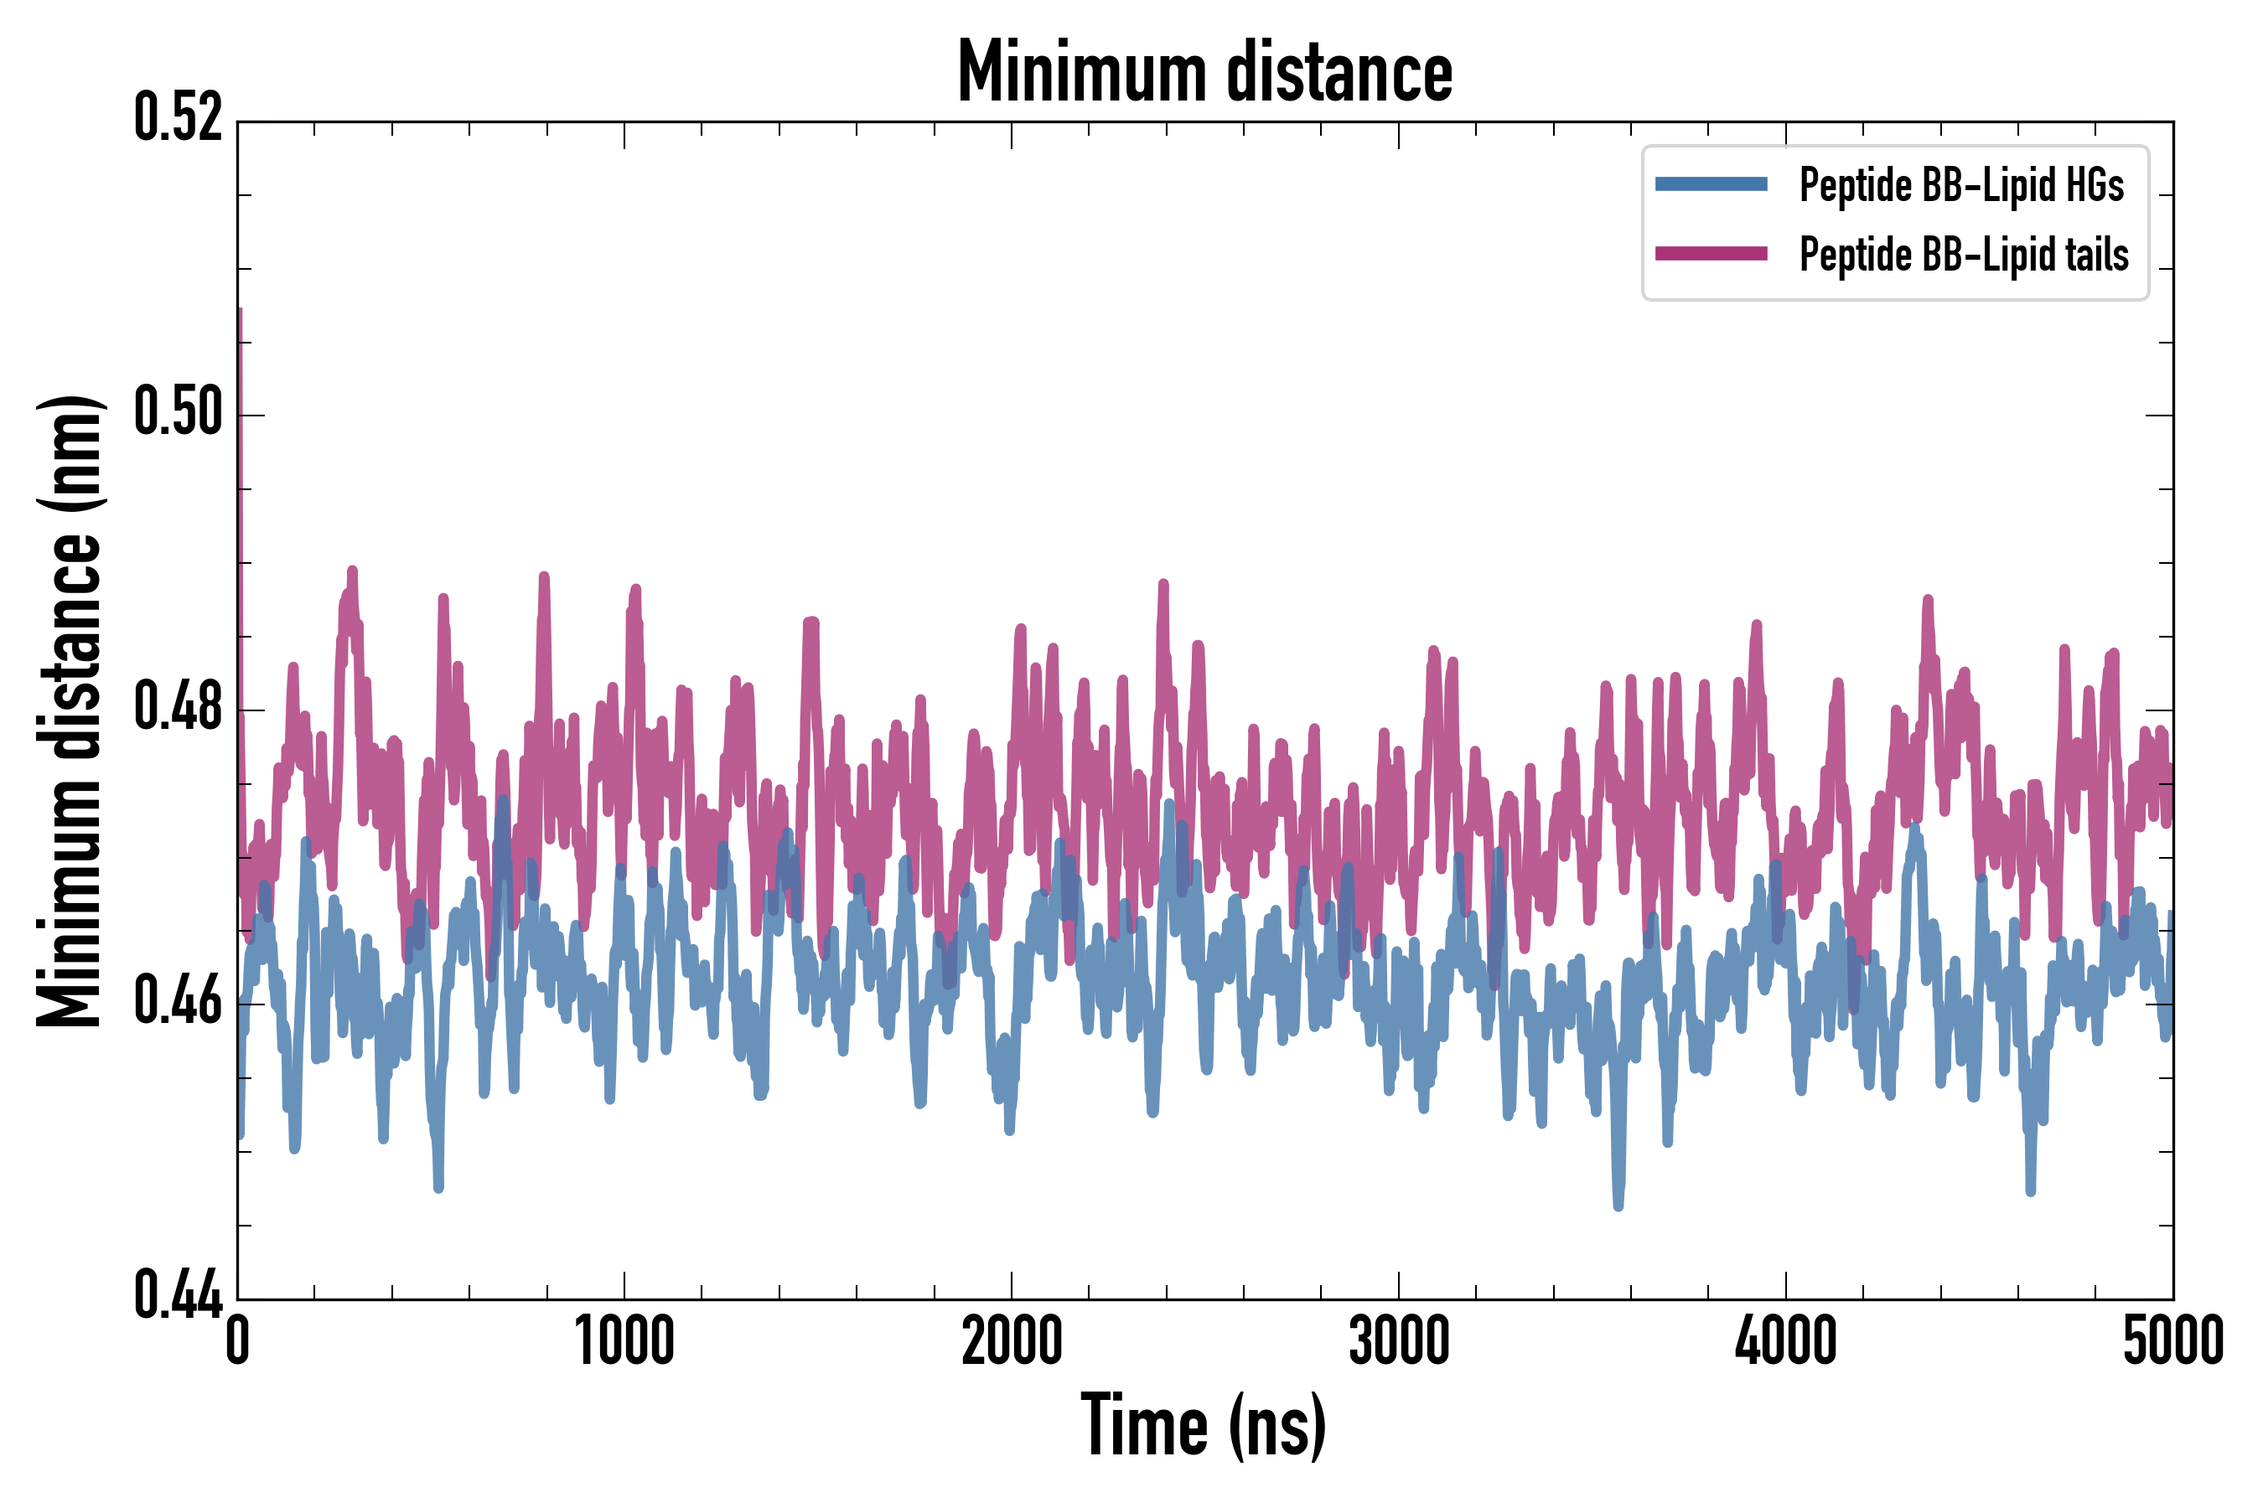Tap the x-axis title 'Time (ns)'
tap(1204, 1426)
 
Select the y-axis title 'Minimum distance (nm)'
tap(70, 710)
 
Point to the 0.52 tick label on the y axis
tap(178, 119)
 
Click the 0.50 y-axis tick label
tap(178, 414)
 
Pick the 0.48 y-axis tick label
tap(178, 708)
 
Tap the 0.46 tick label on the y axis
tap(178, 1002)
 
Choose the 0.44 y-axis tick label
tap(178, 1296)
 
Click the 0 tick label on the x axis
tap(238, 1341)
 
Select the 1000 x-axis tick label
tap(624, 1341)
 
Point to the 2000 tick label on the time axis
tap(1012, 1341)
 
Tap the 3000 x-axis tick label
tap(1398, 1341)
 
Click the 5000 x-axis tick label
tap(2172, 1341)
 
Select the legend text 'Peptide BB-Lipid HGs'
tap(1961, 184)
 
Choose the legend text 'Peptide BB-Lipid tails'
tap(1964, 255)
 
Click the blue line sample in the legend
tap(1711, 184)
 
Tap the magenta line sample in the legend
tap(1711, 254)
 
